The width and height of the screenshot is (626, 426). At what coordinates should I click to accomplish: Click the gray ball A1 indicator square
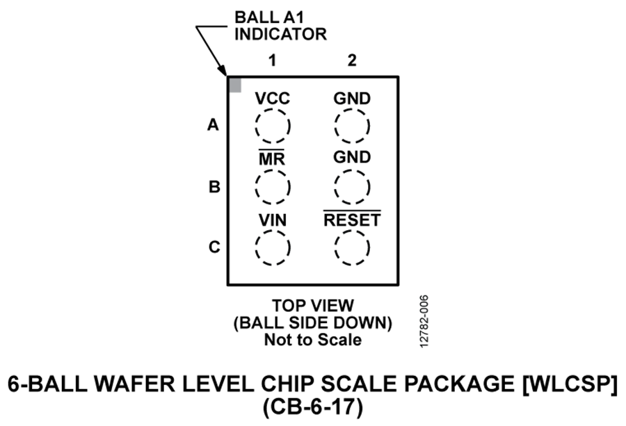tap(236, 85)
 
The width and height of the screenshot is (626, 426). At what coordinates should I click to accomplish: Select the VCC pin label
tap(272, 99)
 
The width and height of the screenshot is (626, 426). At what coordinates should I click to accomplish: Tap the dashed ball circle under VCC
tap(272, 126)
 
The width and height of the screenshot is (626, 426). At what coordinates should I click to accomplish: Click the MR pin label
tap(272, 158)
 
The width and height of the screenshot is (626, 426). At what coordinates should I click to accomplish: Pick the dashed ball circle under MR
tap(272, 186)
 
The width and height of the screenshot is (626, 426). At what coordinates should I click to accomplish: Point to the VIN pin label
tap(272, 220)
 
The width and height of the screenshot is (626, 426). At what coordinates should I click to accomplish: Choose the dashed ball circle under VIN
tap(272, 247)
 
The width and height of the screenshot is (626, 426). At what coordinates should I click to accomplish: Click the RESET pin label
tap(352, 220)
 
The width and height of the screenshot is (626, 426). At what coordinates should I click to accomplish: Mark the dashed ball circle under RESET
tap(352, 247)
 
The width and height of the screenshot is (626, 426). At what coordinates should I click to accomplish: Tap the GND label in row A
tap(352, 99)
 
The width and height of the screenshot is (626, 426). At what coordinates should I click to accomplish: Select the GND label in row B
tap(352, 157)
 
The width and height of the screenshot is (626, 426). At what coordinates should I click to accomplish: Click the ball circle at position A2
tap(352, 126)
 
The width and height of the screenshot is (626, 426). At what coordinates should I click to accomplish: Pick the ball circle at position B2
tap(352, 186)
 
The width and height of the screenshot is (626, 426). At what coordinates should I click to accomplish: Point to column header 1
tap(273, 61)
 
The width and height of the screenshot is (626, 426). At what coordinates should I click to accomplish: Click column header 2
tap(352, 61)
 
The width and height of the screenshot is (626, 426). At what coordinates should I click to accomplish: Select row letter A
tap(213, 126)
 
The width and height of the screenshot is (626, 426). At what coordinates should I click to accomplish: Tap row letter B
tap(214, 187)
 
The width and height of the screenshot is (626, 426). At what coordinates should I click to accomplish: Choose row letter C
tap(214, 247)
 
